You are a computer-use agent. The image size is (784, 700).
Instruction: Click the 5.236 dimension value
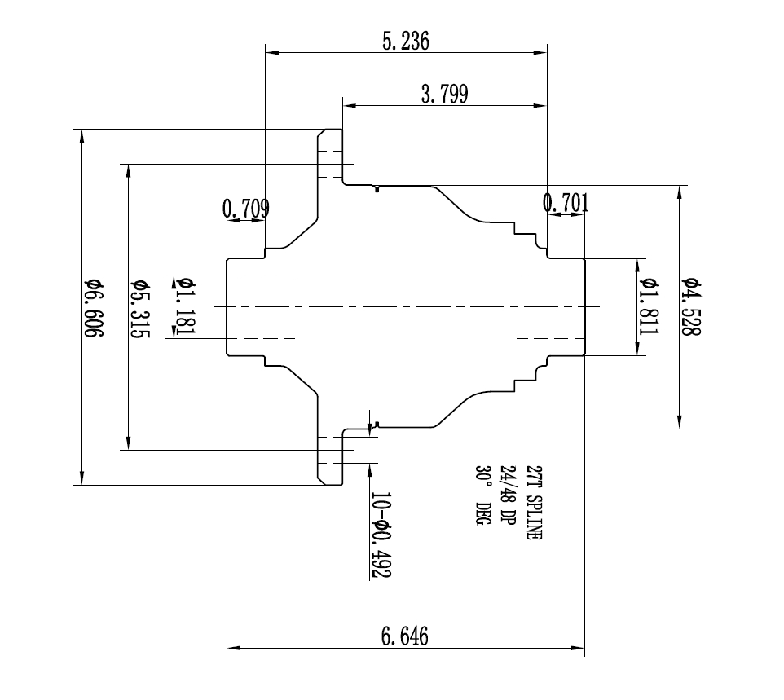[405, 42]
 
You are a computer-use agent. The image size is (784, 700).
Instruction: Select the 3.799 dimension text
[444, 95]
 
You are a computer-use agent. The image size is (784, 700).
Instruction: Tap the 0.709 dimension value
[245, 209]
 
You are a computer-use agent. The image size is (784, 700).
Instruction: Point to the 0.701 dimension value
[566, 204]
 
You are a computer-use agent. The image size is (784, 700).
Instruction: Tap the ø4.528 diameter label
[692, 306]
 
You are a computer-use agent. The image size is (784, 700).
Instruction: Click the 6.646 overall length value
[405, 636]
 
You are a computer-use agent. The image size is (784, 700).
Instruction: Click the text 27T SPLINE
[533, 503]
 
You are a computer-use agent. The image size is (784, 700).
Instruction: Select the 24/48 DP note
[507, 495]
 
